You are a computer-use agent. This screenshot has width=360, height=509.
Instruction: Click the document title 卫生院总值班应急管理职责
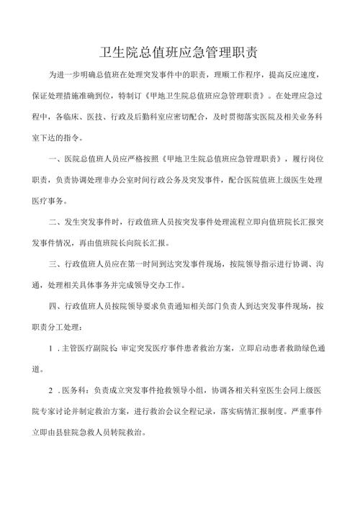click(x=180, y=53)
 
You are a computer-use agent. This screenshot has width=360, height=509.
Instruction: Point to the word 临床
click(x=96, y=113)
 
